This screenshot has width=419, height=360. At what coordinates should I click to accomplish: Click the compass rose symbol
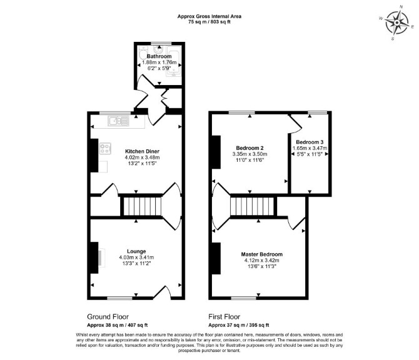point(397,22)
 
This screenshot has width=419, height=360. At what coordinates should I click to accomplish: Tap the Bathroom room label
point(159,56)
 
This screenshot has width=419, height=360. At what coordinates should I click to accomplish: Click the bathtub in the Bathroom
point(174,61)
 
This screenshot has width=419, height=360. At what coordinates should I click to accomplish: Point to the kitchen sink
point(118,121)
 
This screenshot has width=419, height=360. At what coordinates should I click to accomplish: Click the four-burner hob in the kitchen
point(105,149)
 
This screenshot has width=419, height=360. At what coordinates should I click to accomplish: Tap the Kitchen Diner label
point(142,151)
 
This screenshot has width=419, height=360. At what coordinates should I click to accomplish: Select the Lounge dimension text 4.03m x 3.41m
point(136,257)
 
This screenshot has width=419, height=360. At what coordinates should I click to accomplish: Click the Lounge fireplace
point(97,257)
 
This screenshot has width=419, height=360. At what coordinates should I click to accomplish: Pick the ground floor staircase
point(143,206)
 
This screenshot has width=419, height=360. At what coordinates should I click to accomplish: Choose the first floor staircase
point(253,206)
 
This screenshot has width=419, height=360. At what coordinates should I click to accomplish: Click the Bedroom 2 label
point(250,148)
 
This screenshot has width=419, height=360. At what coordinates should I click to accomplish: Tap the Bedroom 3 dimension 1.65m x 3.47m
point(310,148)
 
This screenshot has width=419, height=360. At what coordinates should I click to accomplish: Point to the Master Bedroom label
point(261,254)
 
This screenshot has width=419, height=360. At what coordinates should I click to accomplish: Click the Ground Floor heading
point(108,317)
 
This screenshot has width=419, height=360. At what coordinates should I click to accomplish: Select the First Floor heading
point(225,317)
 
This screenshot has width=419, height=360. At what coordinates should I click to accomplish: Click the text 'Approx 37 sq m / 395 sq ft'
point(239,325)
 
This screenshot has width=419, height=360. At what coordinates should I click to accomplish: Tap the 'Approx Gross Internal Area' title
point(209,16)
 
